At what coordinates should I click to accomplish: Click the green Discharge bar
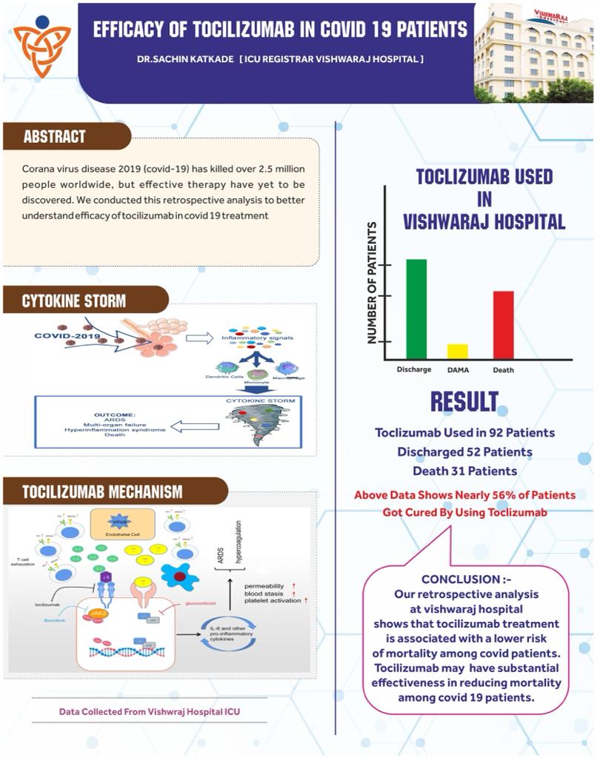pos(416,309)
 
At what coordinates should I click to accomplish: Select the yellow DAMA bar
pos(458,351)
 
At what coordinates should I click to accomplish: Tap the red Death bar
pos(503,324)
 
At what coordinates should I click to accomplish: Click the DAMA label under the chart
pos(458,369)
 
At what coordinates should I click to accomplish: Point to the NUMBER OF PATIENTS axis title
pos(373,283)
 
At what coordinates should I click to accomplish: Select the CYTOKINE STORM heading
pos(74,301)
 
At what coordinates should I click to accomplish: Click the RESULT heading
pos(464,402)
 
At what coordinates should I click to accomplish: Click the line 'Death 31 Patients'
pos(464,470)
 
